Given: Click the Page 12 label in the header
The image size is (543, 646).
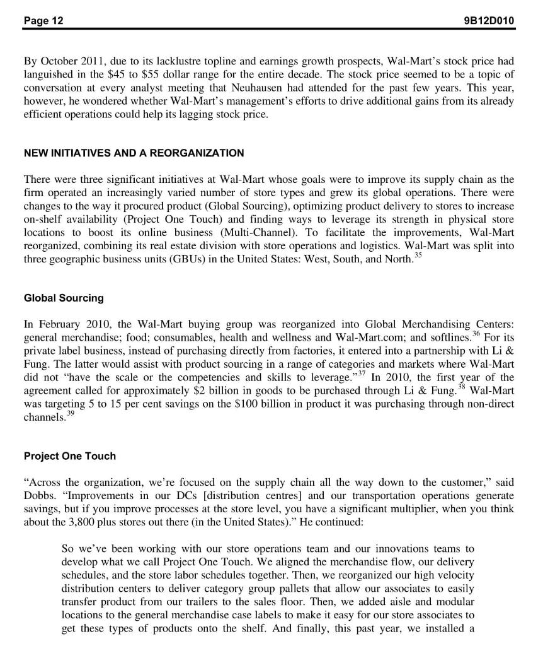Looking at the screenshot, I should pos(43,21).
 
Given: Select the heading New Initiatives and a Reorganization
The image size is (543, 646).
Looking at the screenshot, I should pos(134,153).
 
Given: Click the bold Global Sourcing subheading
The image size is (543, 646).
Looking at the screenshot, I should pos(64,298).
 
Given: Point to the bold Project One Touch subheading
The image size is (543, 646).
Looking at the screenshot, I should pos(70,456).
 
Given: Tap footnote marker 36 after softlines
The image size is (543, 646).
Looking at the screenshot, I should pos(477,334).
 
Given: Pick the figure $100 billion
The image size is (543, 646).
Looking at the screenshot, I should pos(271,404).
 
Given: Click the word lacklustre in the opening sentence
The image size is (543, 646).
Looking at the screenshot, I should pos(162,62).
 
